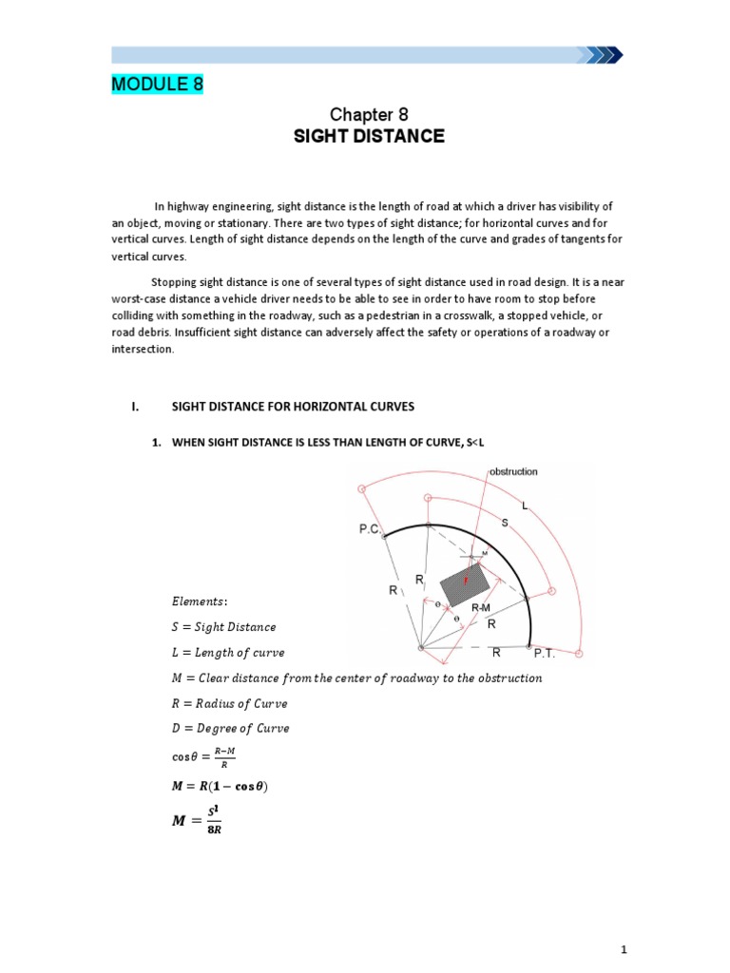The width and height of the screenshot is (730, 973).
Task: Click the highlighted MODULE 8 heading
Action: [x=157, y=85]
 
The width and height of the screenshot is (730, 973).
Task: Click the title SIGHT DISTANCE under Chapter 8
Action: [x=369, y=136]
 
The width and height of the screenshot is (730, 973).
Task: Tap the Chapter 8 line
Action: [x=369, y=114]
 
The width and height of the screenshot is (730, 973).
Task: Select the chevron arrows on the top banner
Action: [x=604, y=54]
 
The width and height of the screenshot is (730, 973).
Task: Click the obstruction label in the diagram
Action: [x=513, y=470]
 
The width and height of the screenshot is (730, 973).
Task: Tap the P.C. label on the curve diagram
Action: [x=370, y=529]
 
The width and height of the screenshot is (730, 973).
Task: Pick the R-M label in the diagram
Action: [x=481, y=605]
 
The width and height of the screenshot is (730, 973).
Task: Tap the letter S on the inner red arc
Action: [x=504, y=523]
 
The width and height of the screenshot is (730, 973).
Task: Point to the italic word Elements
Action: [x=200, y=601]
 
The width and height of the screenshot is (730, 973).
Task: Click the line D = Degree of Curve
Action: [x=231, y=728]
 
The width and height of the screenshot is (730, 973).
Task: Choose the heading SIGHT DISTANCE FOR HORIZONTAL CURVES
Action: [x=293, y=407]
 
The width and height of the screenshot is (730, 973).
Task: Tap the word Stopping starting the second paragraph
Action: [x=175, y=282]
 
